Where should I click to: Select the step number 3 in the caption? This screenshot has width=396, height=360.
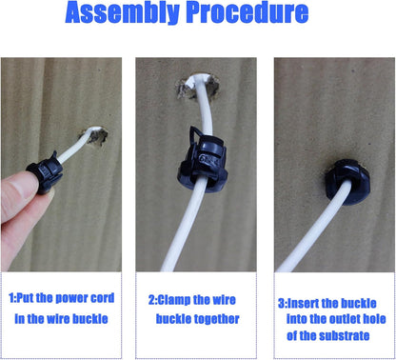coord(282,303)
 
